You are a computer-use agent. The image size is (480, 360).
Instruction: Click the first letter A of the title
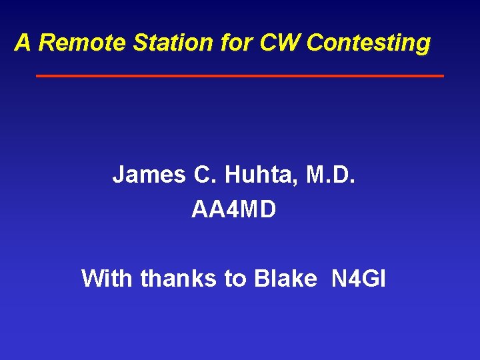click(x=23, y=43)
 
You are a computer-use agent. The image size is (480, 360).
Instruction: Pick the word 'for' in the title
click(x=233, y=43)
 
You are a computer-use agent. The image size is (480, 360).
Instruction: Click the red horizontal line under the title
click(x=240, y=76)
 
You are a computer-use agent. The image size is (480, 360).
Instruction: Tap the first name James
click(x=149, y=175)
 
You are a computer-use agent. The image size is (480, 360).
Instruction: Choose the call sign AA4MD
click(x=233, y=209)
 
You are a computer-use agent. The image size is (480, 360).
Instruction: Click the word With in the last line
click(x=107, y=278)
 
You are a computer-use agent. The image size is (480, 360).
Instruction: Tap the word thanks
click(x=179, y=278)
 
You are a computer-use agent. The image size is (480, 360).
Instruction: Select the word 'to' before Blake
click(x=235, y=279)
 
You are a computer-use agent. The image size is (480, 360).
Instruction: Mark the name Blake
click(x=285, y=278)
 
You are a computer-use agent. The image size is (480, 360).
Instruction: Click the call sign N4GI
click(x=358, y=278)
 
